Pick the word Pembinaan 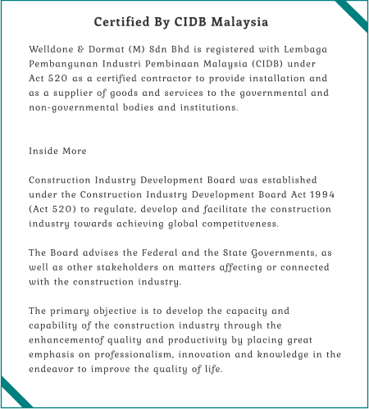[x=179, y=64]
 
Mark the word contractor [x=165, y=79]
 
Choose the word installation [x=281, y=79]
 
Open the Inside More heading [x=57, y=152]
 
